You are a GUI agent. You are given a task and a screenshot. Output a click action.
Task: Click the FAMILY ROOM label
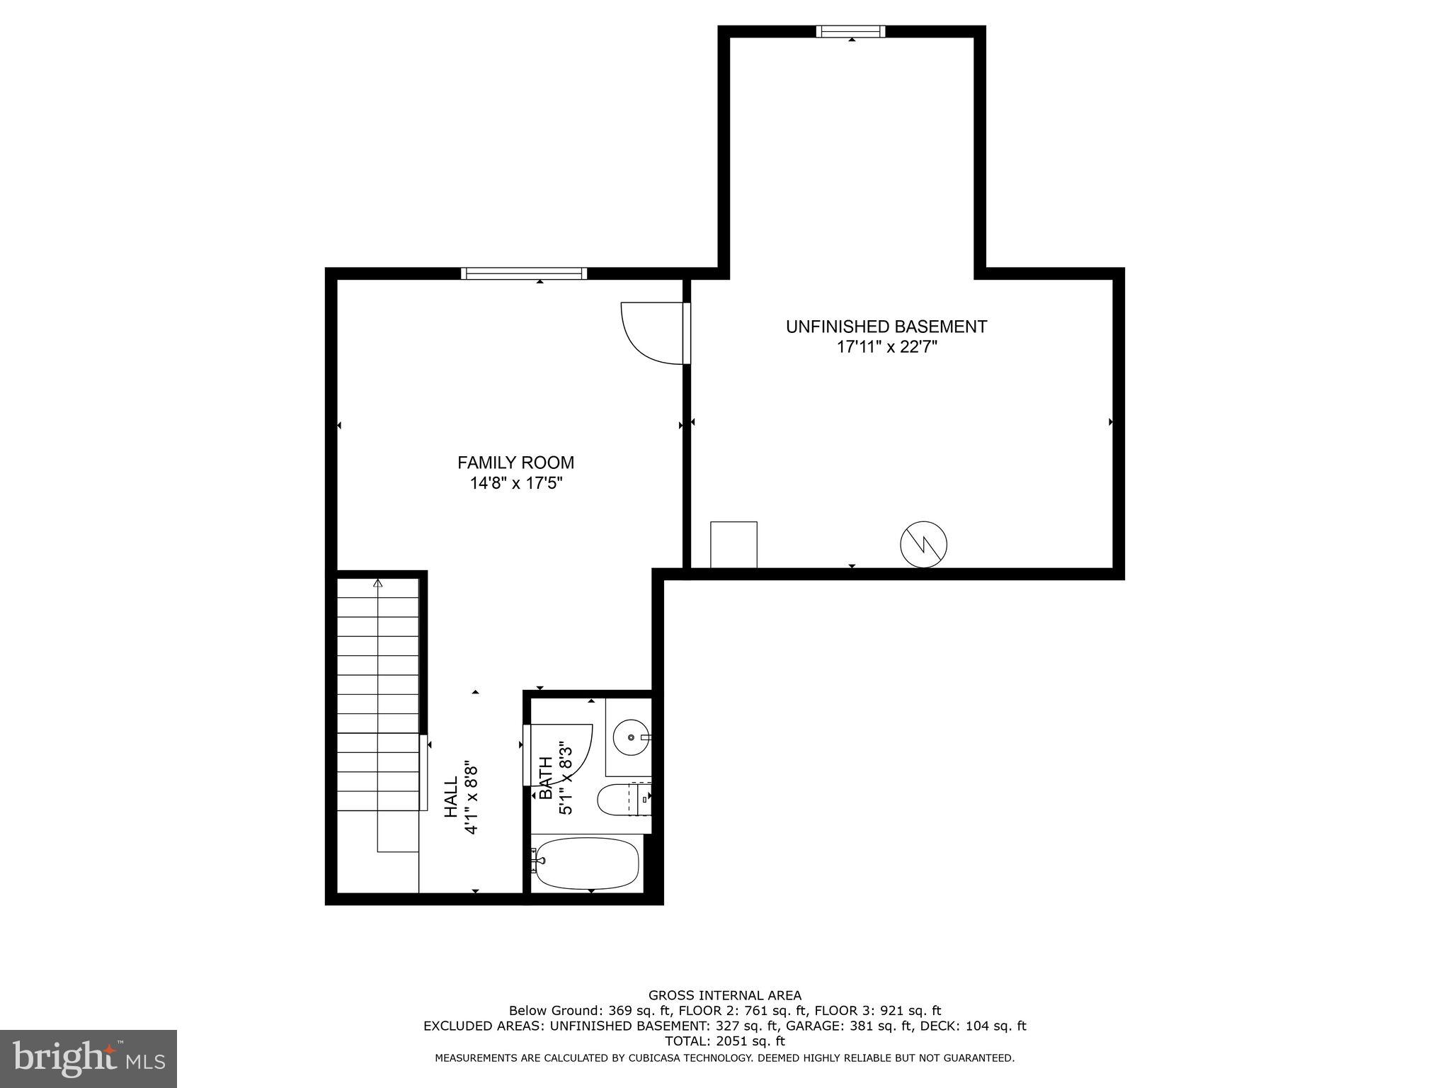point(515,463)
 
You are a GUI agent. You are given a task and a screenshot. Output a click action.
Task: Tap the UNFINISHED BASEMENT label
point(886,327)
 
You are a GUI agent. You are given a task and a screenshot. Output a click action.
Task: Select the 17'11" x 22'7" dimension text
point(886,348)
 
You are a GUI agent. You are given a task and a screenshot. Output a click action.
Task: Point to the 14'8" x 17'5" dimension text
point(515,484)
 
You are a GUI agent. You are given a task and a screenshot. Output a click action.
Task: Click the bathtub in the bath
point(587,863)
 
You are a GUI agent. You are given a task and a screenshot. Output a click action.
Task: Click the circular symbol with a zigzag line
point(923,544)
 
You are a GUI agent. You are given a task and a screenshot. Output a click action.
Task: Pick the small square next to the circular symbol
point(733,544)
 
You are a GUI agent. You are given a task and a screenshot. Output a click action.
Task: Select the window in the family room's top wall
point(524,273)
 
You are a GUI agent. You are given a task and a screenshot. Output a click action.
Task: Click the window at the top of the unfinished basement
point(850,31)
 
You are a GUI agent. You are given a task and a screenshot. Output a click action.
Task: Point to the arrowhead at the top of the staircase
point(378,584)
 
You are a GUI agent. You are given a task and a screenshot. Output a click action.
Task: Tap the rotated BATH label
point(547,778)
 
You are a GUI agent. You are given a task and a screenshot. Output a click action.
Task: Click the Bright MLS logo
point(89,1058)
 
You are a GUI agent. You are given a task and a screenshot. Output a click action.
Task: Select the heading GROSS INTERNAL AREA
point(724,995)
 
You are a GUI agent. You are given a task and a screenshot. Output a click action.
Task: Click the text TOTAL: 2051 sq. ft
point(724,1041)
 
